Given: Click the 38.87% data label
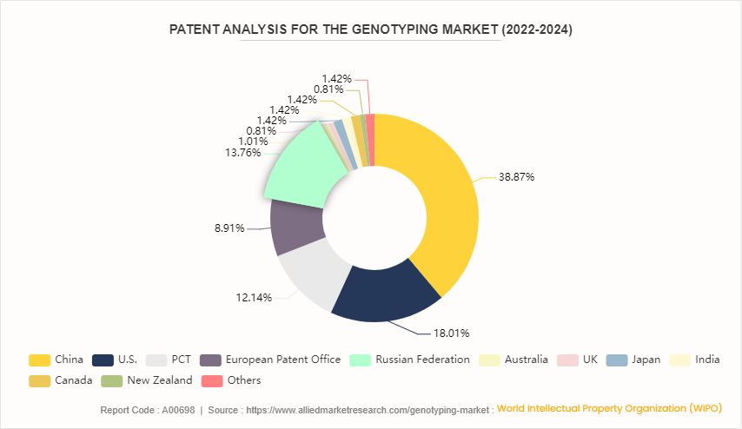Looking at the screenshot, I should (x=516, y=176).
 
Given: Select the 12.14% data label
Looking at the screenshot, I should (x=254, y=297).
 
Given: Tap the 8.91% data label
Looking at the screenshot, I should (x=229, y=229).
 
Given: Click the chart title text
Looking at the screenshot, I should (x=371, y=30).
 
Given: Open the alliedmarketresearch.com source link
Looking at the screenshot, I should (x=368, y=409).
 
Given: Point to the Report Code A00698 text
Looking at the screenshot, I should (x=141, y=409).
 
